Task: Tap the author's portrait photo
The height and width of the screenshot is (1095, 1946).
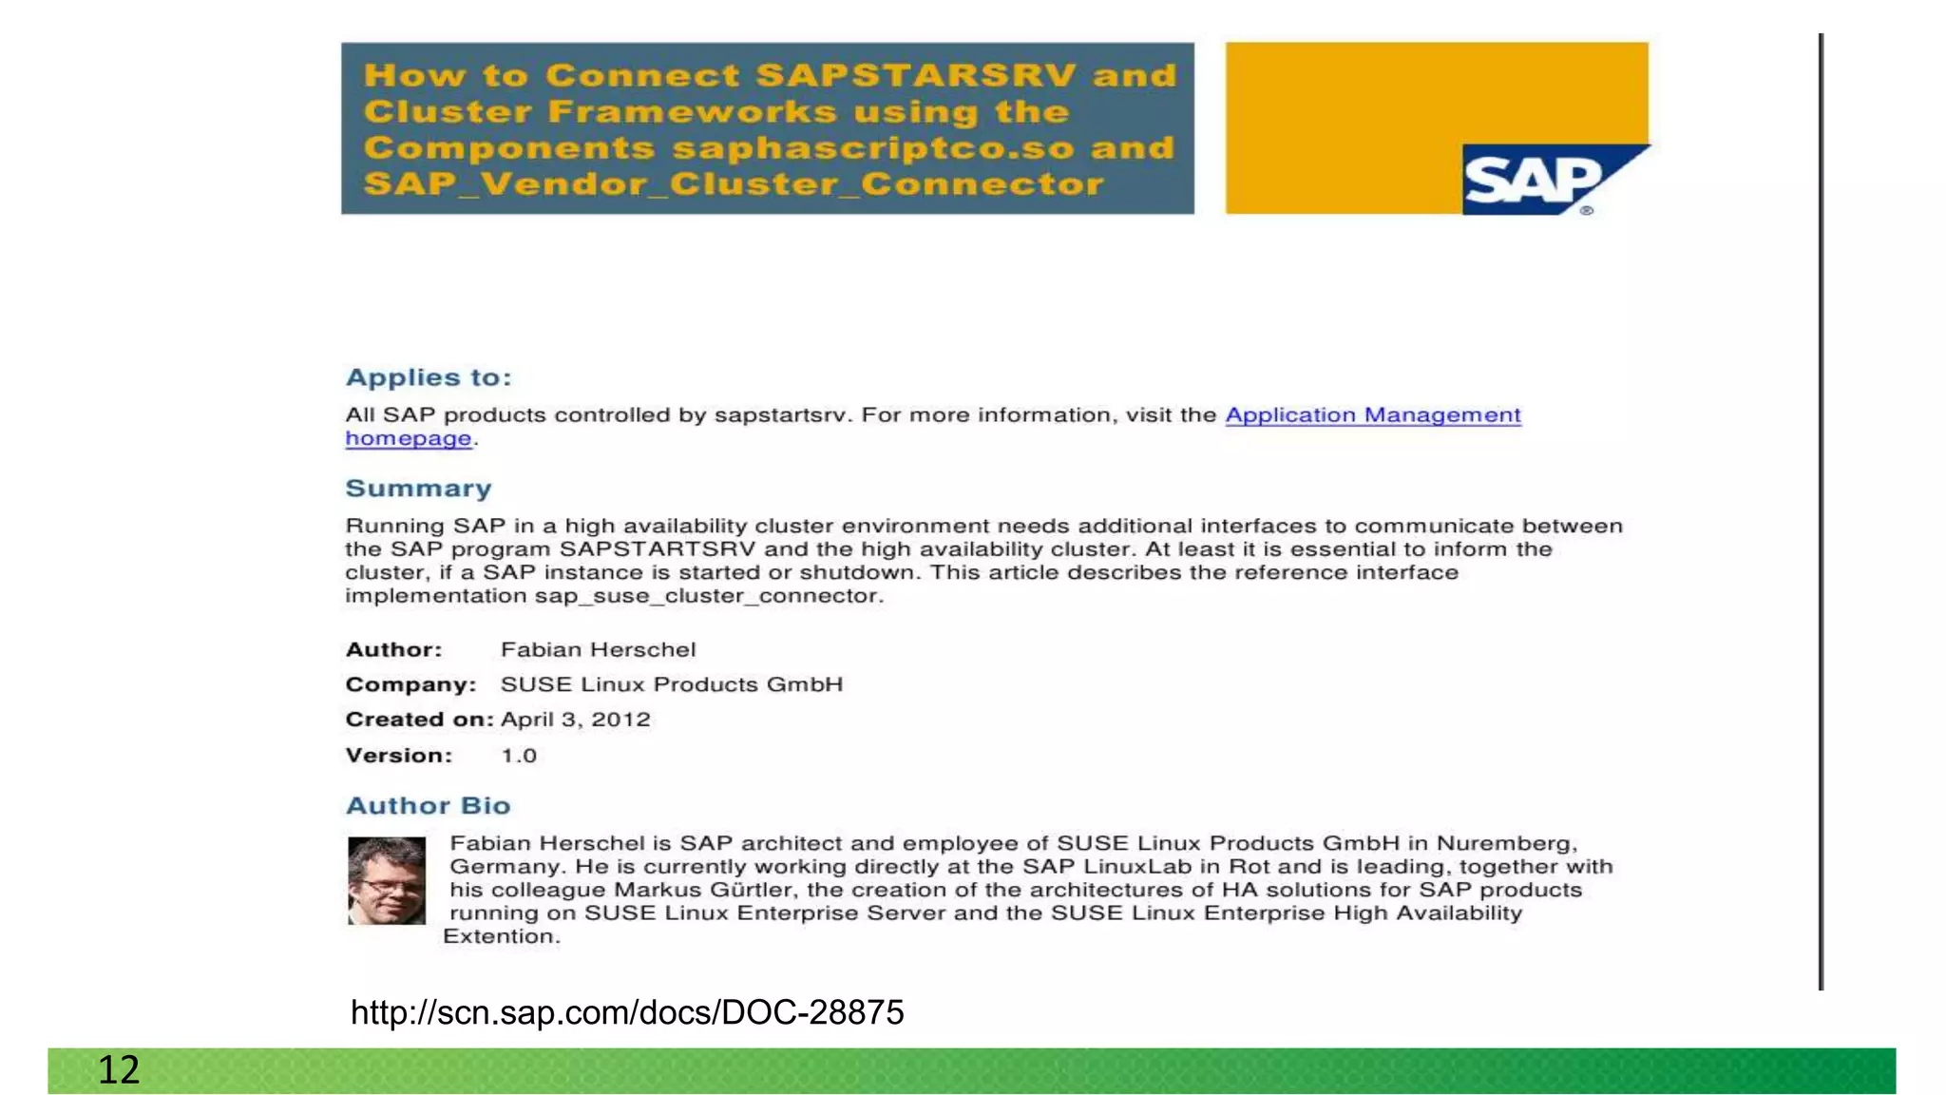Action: pyautogui.click(x=387, y=880)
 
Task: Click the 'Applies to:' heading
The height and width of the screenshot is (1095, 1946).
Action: pyautogui.click(x=429, y=377)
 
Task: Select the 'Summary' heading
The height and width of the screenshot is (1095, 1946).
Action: pyautogui.click(x=418, y=489)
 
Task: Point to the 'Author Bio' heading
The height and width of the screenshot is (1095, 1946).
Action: pyautogui.click(x=429, y=806)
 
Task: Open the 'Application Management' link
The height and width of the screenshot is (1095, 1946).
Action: pyautogui.click(x=1372, y=415)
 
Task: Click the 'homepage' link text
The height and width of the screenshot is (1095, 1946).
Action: pyautogui.click(x=409, y=439)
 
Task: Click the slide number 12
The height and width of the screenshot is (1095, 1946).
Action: pyautogui.click(x=119, y=1070)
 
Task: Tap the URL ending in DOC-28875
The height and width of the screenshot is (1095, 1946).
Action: pyautogui.click(x=627, y=1013)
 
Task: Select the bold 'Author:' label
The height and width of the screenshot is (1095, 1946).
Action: pyautogui.click(x=393, y=650)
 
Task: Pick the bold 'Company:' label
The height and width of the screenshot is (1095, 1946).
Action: pyautogui.click(x=410, y=685)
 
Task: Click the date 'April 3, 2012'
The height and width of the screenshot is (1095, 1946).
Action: pyautogui.click(x=576, y=720)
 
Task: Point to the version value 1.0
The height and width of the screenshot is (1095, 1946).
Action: pyautogui.click(x=519, y=756)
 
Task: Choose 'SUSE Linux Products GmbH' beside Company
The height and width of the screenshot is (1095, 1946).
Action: pyautogui.click(x=672, y=685)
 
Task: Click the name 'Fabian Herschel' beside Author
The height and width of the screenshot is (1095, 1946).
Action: pyautogui.click(x=599, y=650)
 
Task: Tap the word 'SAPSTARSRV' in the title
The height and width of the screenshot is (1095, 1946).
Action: pyautogui.click(x=916, y=75)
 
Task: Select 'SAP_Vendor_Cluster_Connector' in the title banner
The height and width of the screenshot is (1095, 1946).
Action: pyautogui.click(x=734, y=183)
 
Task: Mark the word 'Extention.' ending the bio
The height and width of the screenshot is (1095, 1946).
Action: pyautogui.click(x=502, y=937)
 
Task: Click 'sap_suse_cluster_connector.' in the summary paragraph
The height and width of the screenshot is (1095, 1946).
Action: pyautogui.click(x=709, y=596)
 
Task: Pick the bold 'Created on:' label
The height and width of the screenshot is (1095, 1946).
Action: pyautogui.click(x=419, y=720)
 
